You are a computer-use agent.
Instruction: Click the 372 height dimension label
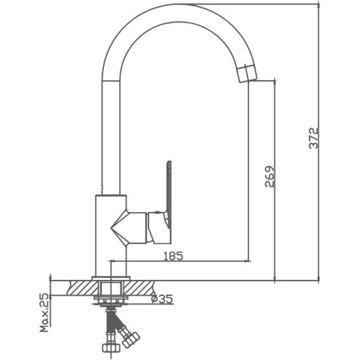click(314, 138)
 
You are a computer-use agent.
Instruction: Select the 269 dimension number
click(270, 177)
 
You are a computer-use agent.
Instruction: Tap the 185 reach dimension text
click(173, 256)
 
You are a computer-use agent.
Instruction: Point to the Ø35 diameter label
click(162, 299)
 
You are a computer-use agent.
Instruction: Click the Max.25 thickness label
click(45, 313)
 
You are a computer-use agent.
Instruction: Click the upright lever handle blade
click(169, 194)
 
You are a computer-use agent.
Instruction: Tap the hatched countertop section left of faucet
click(83, 288)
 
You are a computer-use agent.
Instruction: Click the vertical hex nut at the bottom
click(111, 348)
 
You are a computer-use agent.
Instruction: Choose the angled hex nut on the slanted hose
click(131, 340)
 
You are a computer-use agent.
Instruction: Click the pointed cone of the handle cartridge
click(118, 228)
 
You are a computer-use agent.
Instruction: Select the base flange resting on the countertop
click(111, 278)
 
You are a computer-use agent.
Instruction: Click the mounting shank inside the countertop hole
click(111, 288)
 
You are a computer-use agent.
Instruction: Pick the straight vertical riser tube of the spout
click(111, 138)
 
